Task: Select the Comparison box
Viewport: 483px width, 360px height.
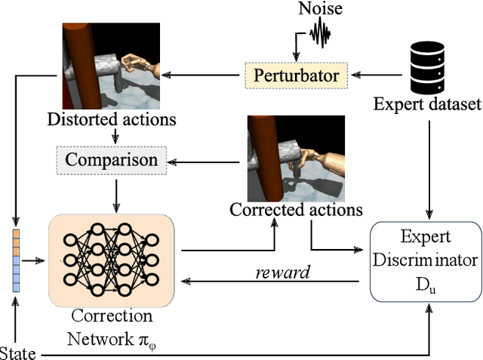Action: [x=111, y=159]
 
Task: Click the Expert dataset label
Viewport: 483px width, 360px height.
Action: [x=427, y=103]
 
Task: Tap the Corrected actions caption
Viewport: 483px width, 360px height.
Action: [x=297, y=209]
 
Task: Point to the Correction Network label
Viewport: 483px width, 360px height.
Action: [x=112, y=326]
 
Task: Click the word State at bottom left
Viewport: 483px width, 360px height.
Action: [x=16, y=352]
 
